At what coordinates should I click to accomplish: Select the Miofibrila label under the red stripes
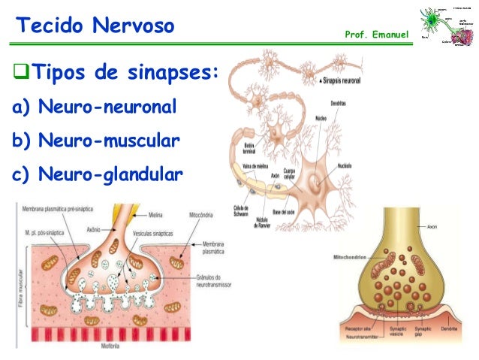(x=110, y=346)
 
